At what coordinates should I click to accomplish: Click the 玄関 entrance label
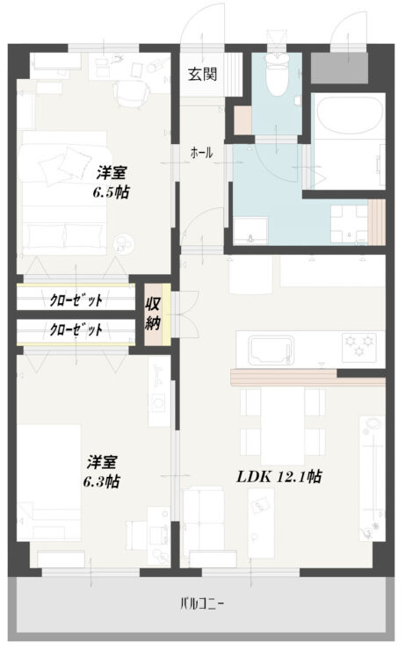pyautogui.click(x=202, y=74)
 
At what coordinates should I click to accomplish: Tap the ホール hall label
pyautogui.click(x=201, y=153)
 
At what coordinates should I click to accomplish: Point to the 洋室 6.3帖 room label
pyautogui.click(x=102, y=472)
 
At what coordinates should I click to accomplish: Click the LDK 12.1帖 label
pyautogui.click(x=279, y=477)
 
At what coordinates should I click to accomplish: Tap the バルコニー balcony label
pyautogui.click(x=202, y=603)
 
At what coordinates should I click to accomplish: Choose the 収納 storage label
pyautogui.click(x=153, y=314)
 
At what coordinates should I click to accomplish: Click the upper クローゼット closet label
pyautogui.click(x=76, y=300)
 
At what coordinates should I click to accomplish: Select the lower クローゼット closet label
pyautogui.click(x=76, y=329)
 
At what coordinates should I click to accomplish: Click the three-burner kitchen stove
pyautogui.click(x=359, y=346)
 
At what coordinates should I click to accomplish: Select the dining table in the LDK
pyautogui.click(x=282, y=425)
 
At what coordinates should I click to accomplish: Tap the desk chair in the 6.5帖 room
pyautogui.click(x=130, y=93)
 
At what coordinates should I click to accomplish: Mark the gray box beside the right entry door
pyautogui.click(x=339, y=68)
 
